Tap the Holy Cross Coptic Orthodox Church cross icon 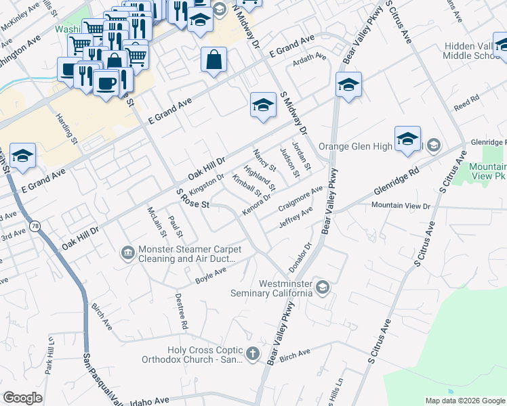click(253, 353)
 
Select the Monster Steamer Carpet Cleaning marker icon click(127, 253)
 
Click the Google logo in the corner click(22, 398)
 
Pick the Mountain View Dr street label click(401, 206)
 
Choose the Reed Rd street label click(466, 103)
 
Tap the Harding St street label click(71, 128)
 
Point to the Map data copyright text click(464, 401)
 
